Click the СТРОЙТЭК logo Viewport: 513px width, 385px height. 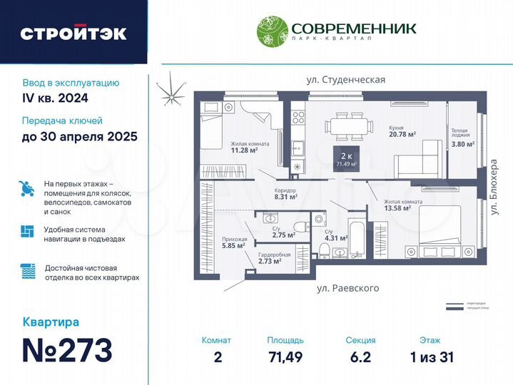(x=73, y=33)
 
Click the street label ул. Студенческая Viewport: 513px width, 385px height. (x=345, y=80)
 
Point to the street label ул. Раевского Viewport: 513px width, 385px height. (x=347, y=288)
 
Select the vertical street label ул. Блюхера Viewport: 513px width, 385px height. (x=493, y=188)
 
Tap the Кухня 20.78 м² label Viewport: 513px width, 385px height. (x=402, y=131)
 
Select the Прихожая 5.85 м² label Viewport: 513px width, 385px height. (x=234, y=242)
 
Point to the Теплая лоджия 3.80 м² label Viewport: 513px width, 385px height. (x=459, y=138)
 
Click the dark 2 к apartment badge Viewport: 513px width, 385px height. (x=346, y=158)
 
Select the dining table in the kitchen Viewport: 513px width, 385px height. (x=349, y=126)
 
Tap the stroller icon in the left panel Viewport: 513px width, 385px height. (x=26, y=189)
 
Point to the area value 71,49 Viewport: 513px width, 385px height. (x=285, y=356)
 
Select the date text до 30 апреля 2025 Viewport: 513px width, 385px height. (x=79, y=136)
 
